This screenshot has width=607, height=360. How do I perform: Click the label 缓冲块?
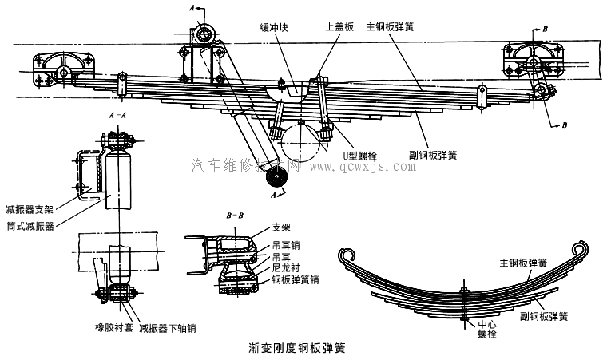[272, 26]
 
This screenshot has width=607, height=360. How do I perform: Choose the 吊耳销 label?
[285, 247]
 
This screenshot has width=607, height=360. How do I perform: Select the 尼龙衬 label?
[285, 269]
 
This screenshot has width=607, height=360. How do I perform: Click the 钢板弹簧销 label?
[296, 280]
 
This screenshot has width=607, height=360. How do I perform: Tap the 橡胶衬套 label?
[111, 327]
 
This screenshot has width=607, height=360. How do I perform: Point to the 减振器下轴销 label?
[167, 327]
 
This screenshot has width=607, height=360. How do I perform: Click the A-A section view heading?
[117, 116]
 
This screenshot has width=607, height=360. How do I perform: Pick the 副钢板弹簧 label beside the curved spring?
[543, 317]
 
